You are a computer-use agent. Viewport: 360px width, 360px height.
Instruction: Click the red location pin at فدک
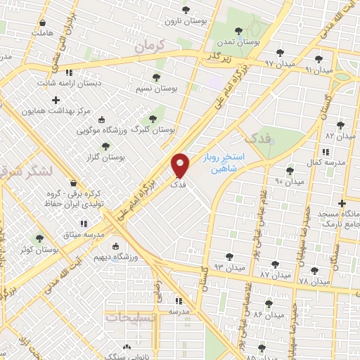181,166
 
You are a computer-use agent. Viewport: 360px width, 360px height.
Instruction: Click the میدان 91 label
318,70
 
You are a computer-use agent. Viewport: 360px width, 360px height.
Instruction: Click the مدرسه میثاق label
83,233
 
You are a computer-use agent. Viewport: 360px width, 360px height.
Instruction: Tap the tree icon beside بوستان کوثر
40,238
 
